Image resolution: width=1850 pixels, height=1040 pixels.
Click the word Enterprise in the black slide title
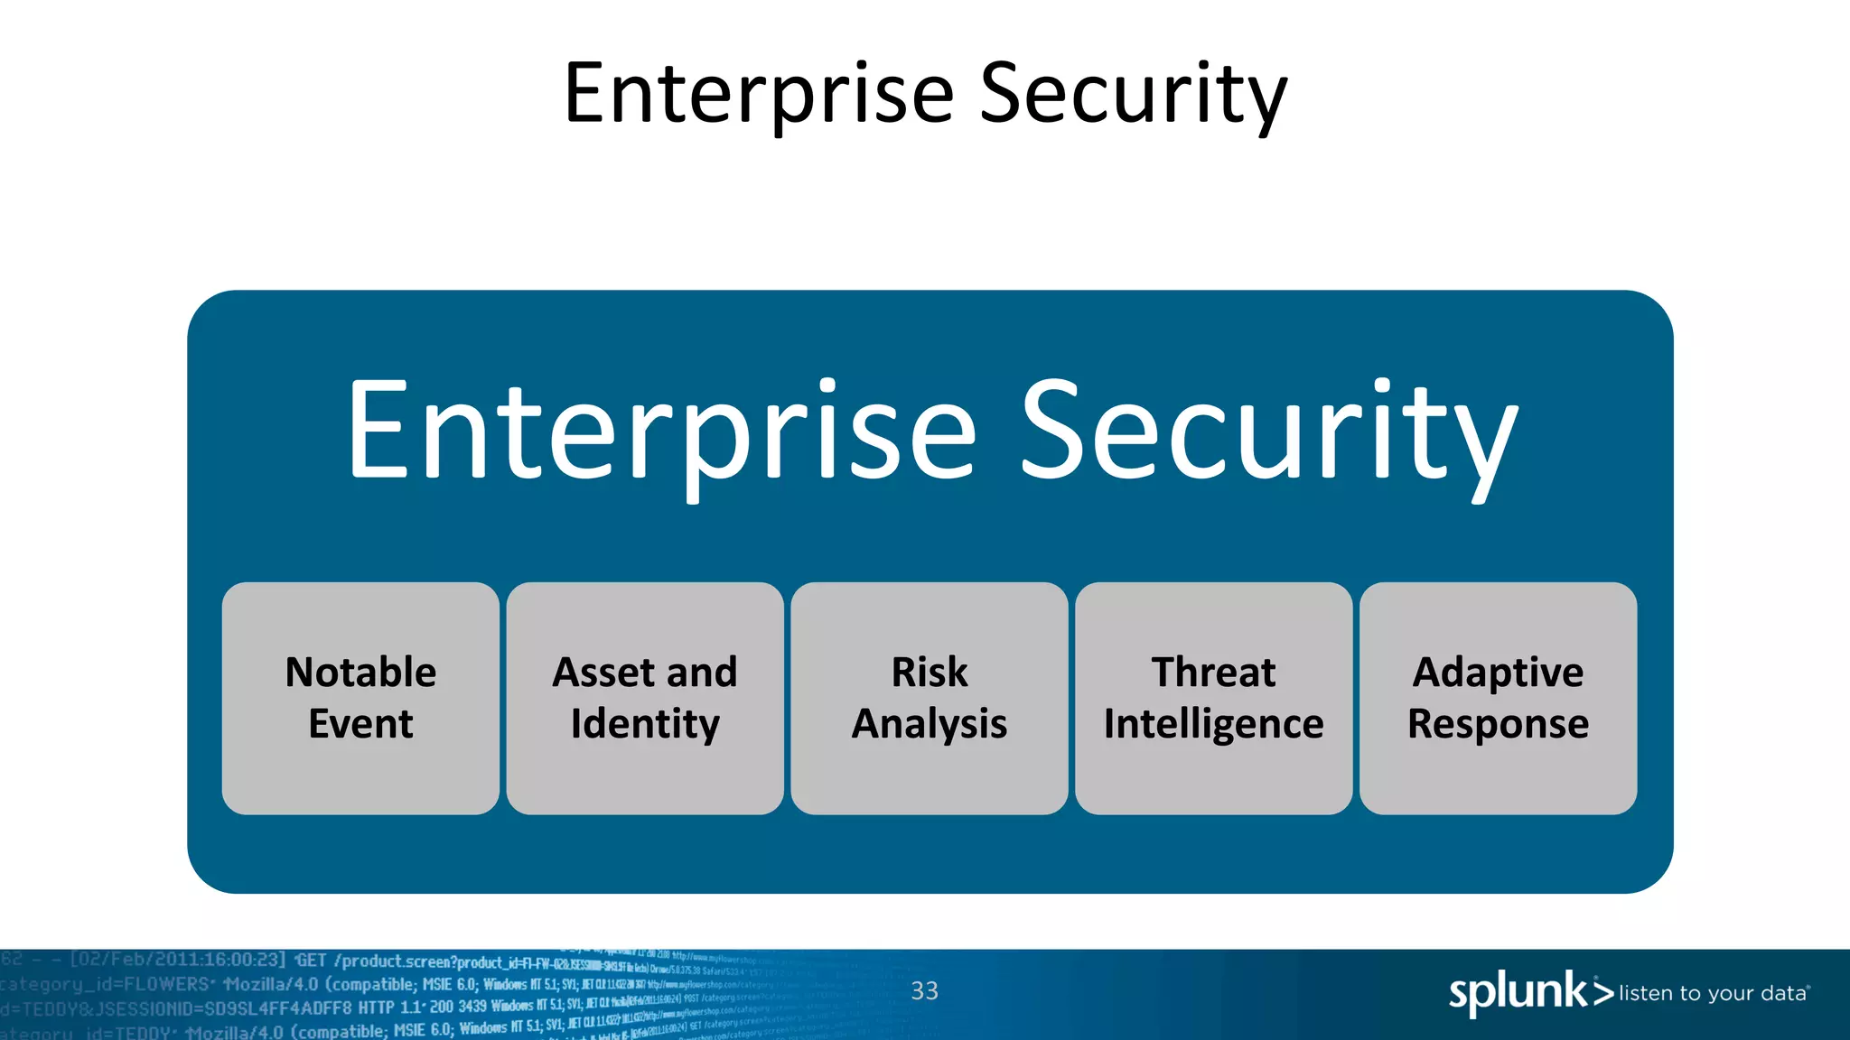pyautogui.click(x=759, y=95)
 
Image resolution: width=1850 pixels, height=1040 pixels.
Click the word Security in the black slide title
pyautogui.click(x=1133, y=95)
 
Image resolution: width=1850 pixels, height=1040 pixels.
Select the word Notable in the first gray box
pyautogui.click(x=360, y=673)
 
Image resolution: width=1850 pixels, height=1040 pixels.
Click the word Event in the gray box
pyautogui.click(x=360, y=724)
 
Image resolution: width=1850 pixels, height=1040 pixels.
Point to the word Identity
pyautogui.click(x=645, y=725)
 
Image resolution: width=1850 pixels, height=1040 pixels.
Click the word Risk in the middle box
pyautogui.click(x=929, y=673)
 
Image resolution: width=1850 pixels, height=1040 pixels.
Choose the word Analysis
pyautogui.click(x=929, y=725)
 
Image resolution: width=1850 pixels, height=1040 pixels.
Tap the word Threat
pyautogui.click(x=1213, y=673)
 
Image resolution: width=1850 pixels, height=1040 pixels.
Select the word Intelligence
pyautogui.click(x=1213, y=725)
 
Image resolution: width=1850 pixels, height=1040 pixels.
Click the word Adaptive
pyautogui.click(x=1498, y=673)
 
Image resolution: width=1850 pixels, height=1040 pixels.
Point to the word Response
pyautogui.click(x=1498, y=725)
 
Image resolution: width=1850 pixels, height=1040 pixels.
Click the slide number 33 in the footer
pyautogui.click(x=924, y=991)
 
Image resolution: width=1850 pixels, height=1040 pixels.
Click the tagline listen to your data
pyautogui.click(x=1713, y=994)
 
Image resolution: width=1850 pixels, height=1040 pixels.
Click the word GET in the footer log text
pyautogui.click(x=311, y=961)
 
